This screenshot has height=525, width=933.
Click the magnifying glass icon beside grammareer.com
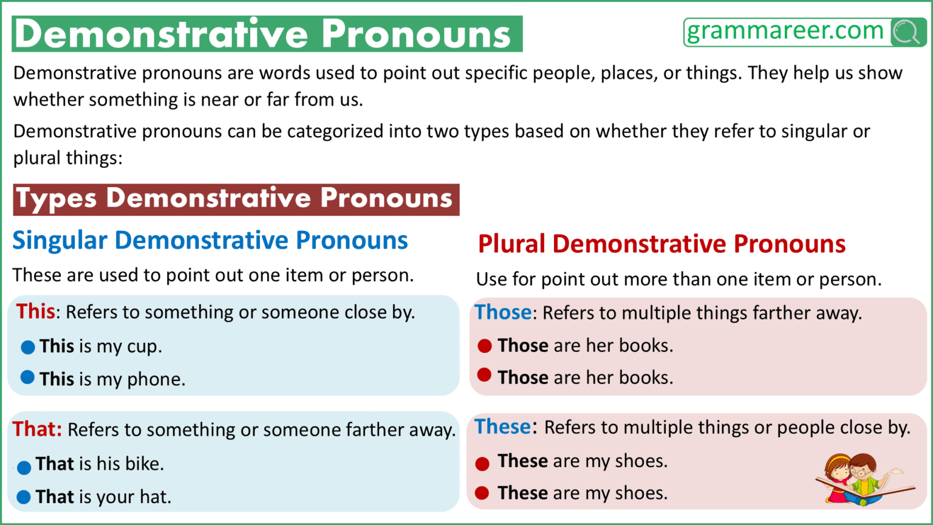coord(907,32)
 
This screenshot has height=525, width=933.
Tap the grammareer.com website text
coord(785,31)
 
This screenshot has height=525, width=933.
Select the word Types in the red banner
coord(56,199)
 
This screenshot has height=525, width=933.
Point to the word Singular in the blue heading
coord(60,241)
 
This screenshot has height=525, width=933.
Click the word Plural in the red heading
coord(512,244)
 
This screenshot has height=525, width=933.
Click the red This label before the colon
coord(36,312)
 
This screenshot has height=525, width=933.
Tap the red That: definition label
coord(37,430)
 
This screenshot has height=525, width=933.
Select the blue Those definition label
coord(503,312)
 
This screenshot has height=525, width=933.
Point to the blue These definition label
coord(503,427)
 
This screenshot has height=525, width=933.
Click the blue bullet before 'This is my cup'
coord(27,347)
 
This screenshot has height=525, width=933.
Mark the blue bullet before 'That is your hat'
coord(24,497)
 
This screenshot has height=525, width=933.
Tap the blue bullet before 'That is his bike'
coord(24,467)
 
